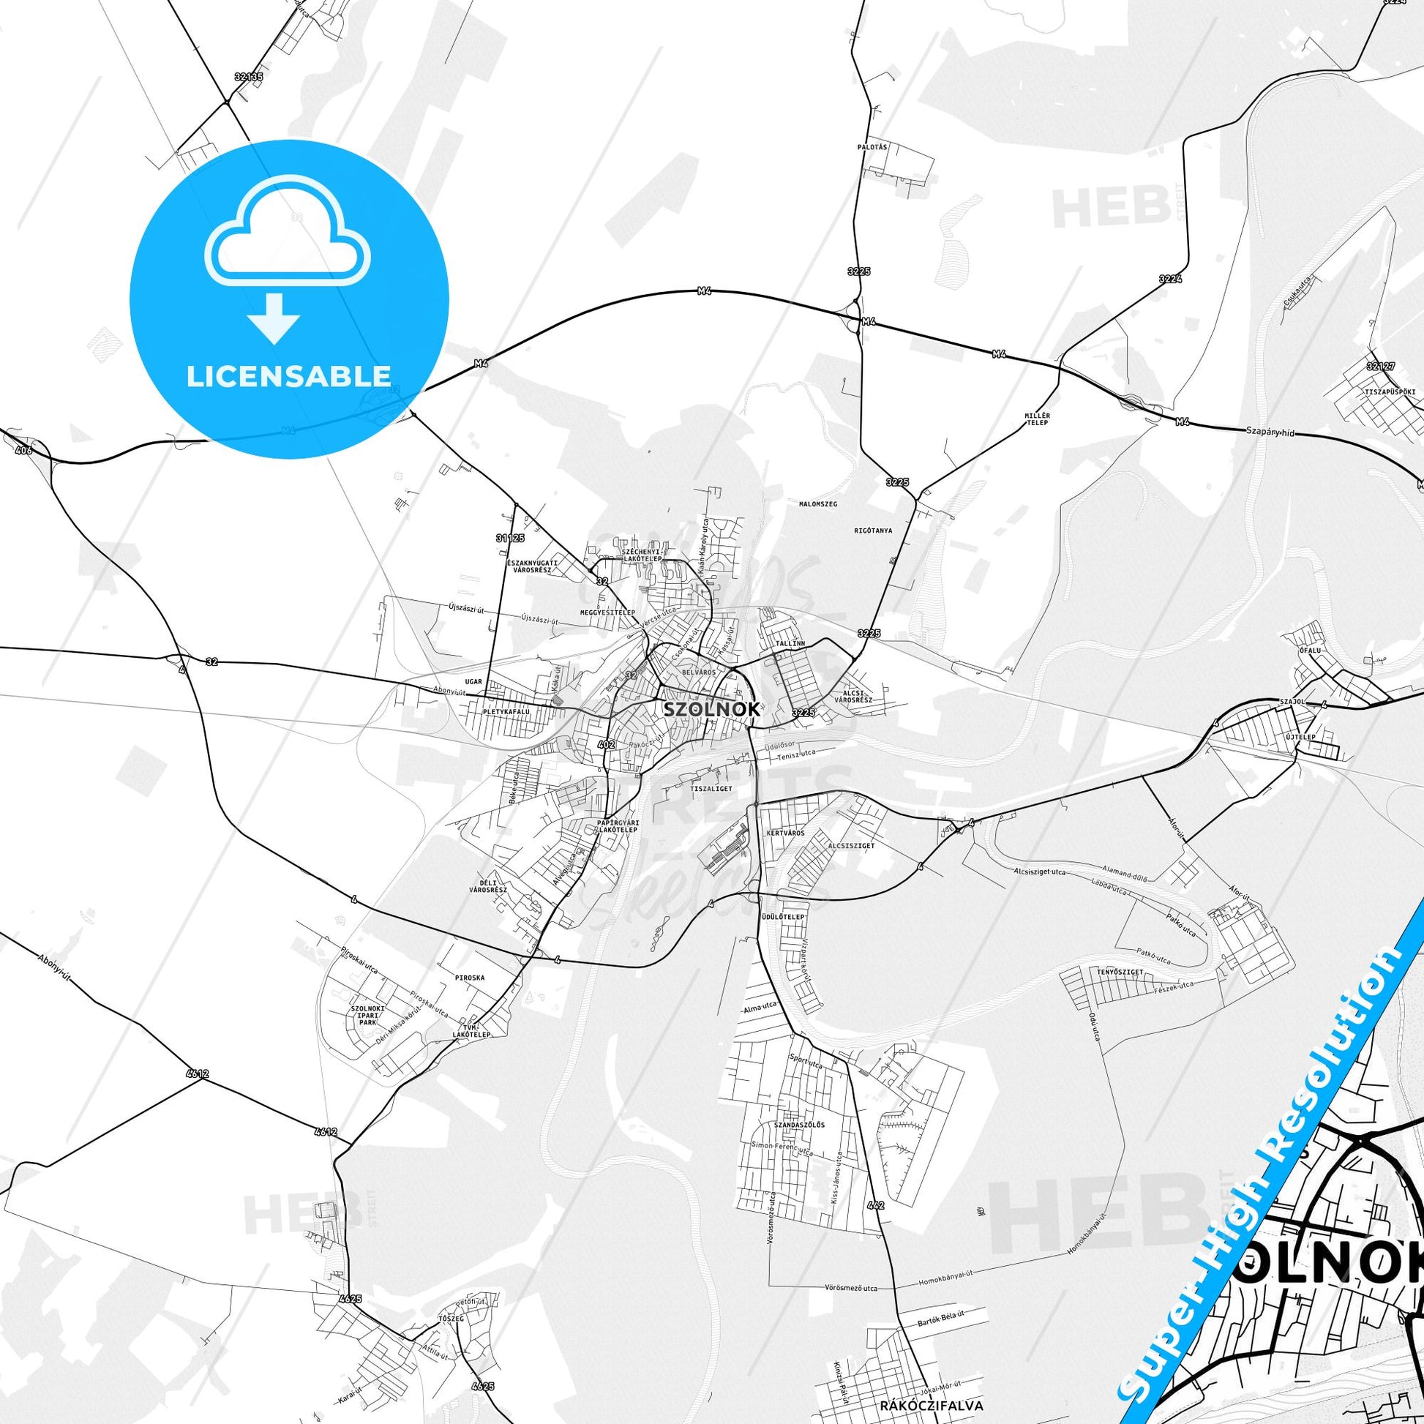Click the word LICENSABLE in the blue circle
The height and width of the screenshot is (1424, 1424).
click(x=289, y=376)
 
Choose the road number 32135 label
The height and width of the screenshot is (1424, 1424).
click(x=248, y=76)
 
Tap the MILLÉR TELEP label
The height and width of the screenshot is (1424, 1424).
click(x=1037, y=419)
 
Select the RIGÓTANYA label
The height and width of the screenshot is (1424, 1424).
click(x=874, y=530)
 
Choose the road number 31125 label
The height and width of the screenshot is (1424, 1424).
click(x=510, y=538)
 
